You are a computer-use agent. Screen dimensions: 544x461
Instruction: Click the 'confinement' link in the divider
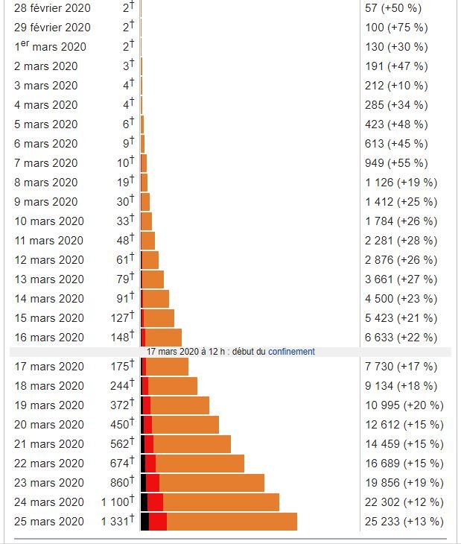point(291,352)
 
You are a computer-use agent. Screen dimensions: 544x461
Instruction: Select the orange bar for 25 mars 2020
point(232,522)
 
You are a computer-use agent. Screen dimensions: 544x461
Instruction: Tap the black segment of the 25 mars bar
point(144,522)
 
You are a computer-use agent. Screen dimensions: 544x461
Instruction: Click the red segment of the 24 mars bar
point(155,502)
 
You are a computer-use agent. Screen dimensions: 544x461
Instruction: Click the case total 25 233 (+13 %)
point(404,522)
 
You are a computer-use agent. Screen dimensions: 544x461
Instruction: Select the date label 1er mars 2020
point(50,46)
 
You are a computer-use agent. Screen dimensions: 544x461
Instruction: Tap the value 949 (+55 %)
point(396,163)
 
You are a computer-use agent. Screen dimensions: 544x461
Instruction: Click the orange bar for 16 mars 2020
point(163,338)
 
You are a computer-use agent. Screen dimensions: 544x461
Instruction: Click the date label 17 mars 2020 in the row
point(49,367)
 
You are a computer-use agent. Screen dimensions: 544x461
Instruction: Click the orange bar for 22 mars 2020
point(200,464)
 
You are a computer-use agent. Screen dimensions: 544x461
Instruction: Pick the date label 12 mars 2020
point(49,260)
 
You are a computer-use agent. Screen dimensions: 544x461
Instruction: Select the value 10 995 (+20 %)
point(404,405)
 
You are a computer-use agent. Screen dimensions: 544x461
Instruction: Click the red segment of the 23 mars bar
point(153,483)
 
